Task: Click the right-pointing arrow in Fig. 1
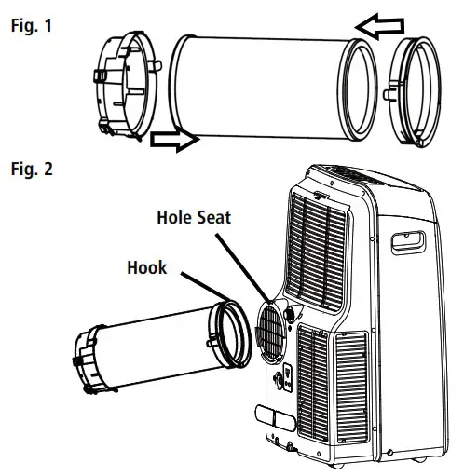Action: tap(172, 141)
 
